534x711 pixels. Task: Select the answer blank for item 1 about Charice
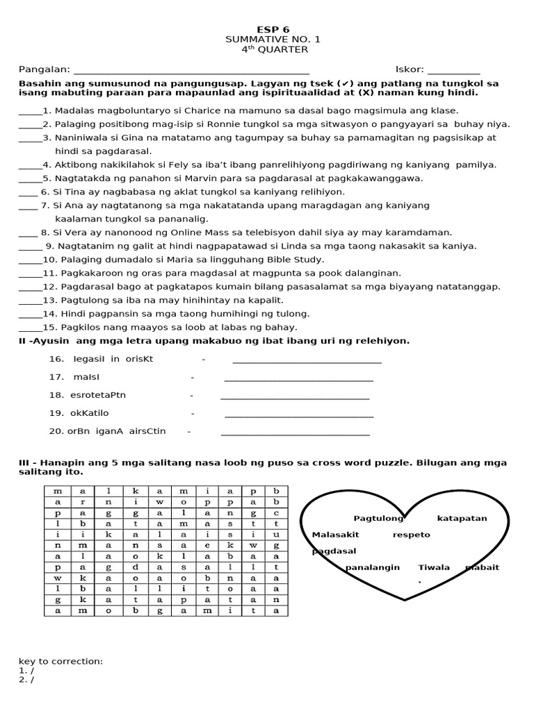coord(30,112)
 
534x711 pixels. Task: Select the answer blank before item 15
coord(30,328)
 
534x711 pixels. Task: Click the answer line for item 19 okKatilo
coord(299,416)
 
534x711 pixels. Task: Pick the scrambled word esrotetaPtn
coord(98,395)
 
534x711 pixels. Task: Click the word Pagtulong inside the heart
coord(378,518)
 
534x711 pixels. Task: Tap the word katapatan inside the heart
coord(462,518)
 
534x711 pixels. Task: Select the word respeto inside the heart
coord(412,535)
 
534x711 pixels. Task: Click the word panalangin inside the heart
coord(373,567)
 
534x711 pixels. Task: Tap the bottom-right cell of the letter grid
coord(276,610)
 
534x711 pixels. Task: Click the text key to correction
coord(60,661)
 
